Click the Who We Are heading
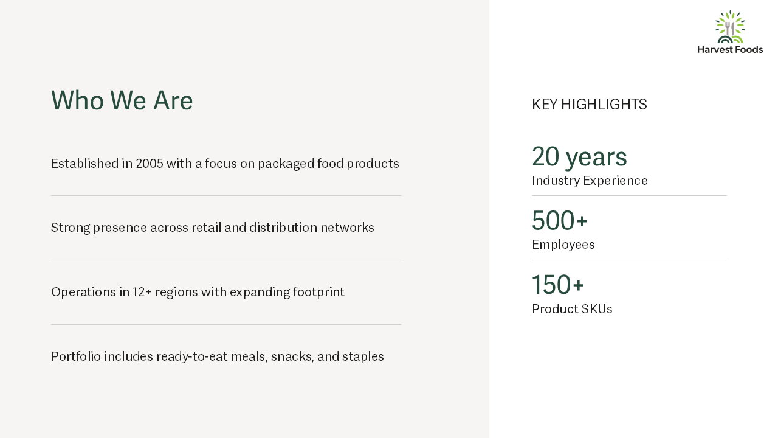click(122, 100)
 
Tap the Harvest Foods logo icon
click(730, 27)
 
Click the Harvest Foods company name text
click(730, 50)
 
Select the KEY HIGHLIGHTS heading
click(590, 104)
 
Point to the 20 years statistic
click(579, 157)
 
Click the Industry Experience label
click(590, 181)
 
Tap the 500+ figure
click(560, 220)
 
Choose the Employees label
click(563, 245)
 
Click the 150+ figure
click(558, 285)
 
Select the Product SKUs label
click(572, 309)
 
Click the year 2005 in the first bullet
click(150, 164)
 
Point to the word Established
click(84, 164)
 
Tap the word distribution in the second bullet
click(283, 228)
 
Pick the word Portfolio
click(76, 356)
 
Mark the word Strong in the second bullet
click(71, 228)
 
